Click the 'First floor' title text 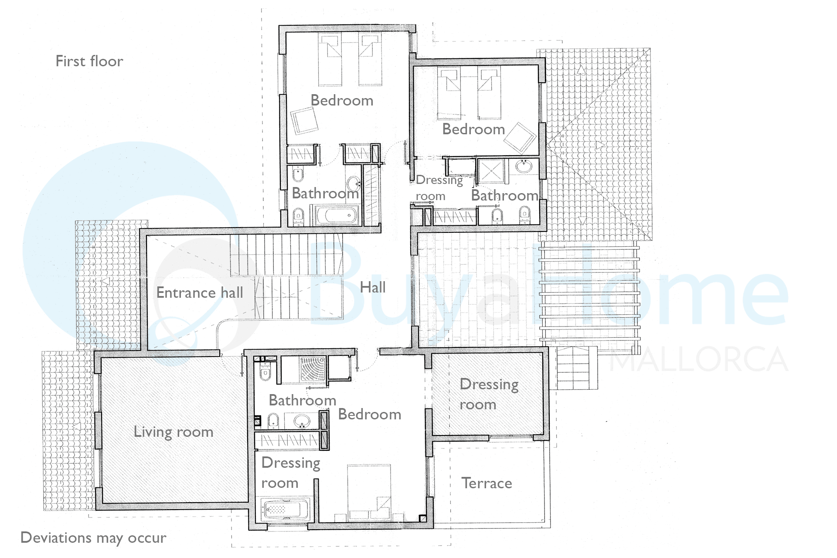click(x=89, y=61)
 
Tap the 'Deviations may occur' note click(x=93, y=538)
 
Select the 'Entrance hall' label click(x=200, y=293)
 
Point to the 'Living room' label click(x=174, y=432)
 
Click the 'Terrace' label click(x=487, y=483)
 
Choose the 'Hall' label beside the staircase click(x=373, y=287)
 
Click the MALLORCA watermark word click(x=698, y=360)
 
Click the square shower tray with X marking click(x=491, y=170)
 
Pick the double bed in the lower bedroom click(x=369, y=493)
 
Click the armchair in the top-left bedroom click(x=304, y=120)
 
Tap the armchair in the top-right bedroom click(x=520, y=138)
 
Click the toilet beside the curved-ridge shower click(x=265, y=374)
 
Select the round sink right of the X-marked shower click(x=523, y=166)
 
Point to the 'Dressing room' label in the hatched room click(x=489, y=394)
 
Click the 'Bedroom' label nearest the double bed click(x=370, y=414)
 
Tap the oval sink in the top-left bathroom click(x=353, y=183)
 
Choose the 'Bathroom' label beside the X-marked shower click(x=505, y=195)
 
